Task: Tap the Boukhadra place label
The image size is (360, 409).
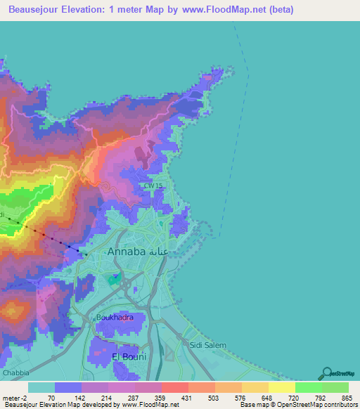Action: (115, 317)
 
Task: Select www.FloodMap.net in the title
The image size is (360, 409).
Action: (221, 10)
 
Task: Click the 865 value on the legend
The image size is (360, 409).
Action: (346, 398)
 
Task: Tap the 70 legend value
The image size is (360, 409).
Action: (51, 398)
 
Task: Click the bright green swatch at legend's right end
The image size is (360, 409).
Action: (335, 387)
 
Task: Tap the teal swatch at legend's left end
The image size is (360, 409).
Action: (41, 387)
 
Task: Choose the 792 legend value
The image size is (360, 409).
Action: (320, 398)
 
